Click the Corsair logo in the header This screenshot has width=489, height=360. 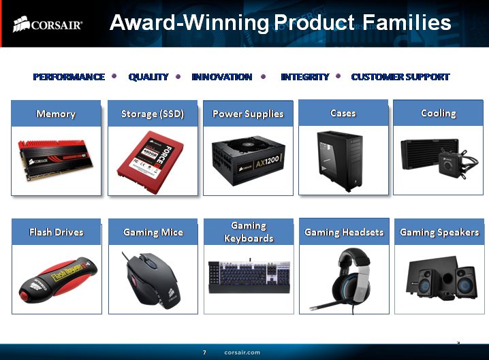click(48, 24)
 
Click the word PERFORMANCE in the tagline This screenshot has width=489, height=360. click(69, 77)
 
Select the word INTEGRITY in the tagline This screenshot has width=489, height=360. click(304, 77)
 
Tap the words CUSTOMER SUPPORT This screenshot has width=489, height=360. click(400, 77)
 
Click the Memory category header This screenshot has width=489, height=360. click(56, 114)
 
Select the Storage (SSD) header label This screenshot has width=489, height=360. click(153, 114)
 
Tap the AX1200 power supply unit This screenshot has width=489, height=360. click(247, 161)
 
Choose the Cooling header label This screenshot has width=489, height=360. click(438, 113)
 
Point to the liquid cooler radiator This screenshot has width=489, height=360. click(422, 153)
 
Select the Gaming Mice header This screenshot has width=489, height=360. click(153, 232)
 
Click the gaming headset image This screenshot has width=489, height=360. click(344, 276)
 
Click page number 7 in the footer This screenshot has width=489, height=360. click(204, 353)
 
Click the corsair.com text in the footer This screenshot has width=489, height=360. click(242, 353)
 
